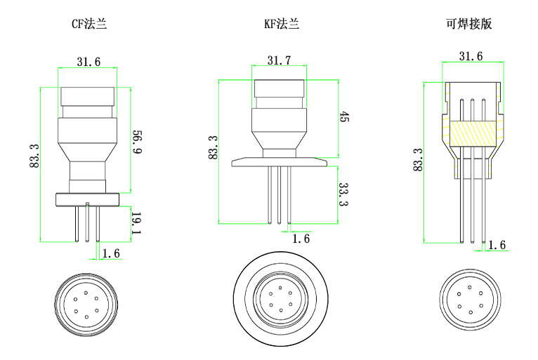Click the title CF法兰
[x=89, y=25]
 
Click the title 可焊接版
[x=468, y=25]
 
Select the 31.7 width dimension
[x=279, y=61]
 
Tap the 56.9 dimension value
[x=137, y=140]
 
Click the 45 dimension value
[x=344, y=117]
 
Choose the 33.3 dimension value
[x=344, y=194]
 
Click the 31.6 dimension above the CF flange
[x=88, y=62]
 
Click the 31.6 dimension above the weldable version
[x=471, y=55]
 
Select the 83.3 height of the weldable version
[x=419, y=160]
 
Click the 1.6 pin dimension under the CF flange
[x=110, y=253]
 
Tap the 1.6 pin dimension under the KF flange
[x=301, y=239]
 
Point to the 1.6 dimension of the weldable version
[x=497, y=245]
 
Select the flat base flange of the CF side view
[x=88, y=199]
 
